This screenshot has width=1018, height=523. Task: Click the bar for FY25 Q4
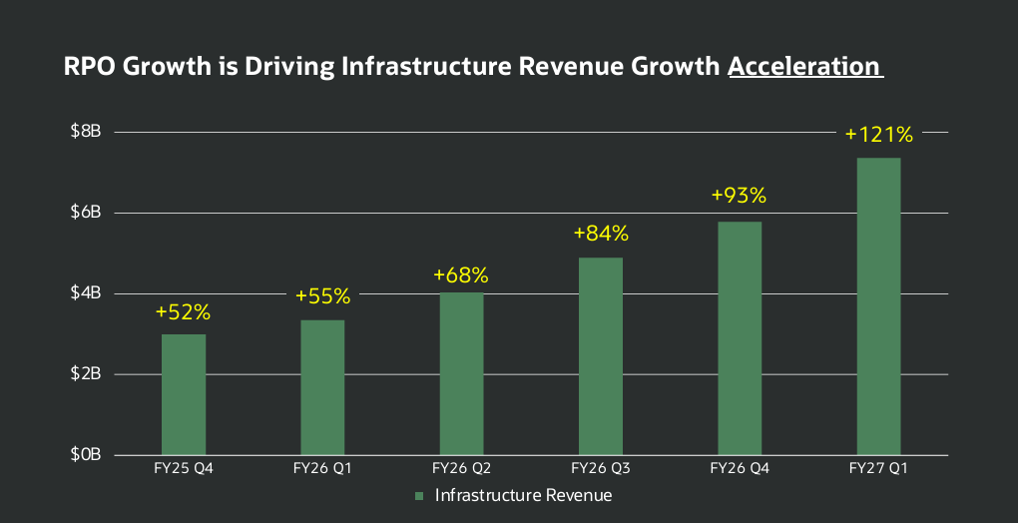pos(184,394)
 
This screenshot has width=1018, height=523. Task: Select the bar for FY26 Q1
pos(322,387)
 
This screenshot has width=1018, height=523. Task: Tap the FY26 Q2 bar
pos(462,373)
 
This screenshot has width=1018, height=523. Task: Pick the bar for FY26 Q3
pos(601,356)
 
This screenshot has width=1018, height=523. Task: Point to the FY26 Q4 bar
pos(740,338)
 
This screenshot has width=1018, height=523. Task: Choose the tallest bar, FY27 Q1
pos(878,306)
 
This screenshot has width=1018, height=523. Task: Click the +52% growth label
pos(183,312)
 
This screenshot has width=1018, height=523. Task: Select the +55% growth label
pos(322,296)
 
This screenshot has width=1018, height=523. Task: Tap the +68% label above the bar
pos(461,275)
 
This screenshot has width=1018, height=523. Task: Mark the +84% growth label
pos(601,234)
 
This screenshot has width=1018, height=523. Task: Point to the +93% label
pos(739,196)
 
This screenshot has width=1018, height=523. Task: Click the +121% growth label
pos(879,135)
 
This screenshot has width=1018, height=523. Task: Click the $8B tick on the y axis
pos(87,132)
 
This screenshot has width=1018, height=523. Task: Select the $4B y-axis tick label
pos(87,293)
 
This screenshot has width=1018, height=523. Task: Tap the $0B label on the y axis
pos(87,455)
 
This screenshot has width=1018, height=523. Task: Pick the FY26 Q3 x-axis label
pos(601,469)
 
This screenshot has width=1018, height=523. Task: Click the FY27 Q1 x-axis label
pos(878,469)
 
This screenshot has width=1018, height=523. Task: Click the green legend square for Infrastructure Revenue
pos(419,496)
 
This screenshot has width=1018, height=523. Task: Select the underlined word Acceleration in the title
pos(804,66)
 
